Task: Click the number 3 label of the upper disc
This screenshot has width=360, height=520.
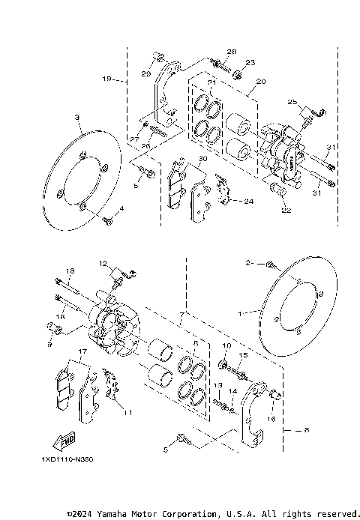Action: point(76,118)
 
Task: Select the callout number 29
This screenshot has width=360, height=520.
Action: point(146,73)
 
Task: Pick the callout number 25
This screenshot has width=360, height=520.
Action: point(293,101)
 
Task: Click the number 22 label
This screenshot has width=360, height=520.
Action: point(285,211)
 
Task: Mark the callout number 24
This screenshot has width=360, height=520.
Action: point(249,202)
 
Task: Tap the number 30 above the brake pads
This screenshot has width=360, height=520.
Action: point(202,160)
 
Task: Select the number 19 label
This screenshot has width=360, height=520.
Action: point(107,78)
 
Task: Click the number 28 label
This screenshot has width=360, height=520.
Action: point(231,51)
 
